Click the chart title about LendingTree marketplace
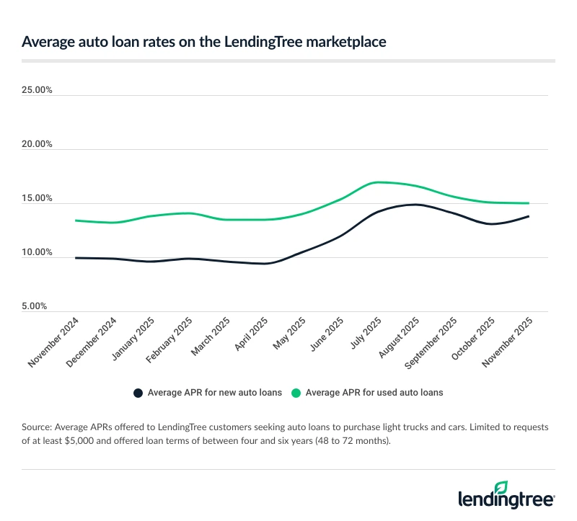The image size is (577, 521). (203, 43)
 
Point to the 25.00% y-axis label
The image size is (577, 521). (38, 90)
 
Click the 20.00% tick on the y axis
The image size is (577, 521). (38, 144)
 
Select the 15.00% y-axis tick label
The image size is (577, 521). (38, 198)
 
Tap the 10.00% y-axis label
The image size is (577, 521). (38, 252)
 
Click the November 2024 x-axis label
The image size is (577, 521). (55, 343)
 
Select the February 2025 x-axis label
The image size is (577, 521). (169, 342)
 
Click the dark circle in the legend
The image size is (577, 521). (138, 393)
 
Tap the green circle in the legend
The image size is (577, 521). (296, 393)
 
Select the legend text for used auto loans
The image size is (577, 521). (374, 393)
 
